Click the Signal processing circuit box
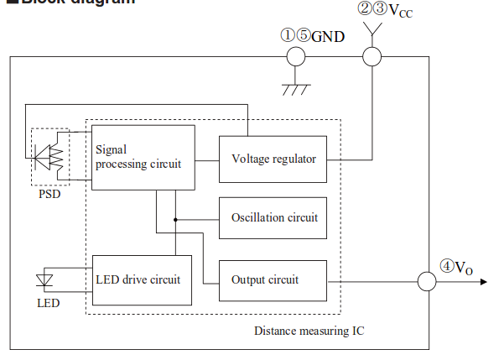(x=143, y=157)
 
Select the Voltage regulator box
(x=273, y=158)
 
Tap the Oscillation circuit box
(x=273, y=217)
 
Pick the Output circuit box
(x=273, y=279)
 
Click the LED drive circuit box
(x=142, y=279)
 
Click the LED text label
(x=48, y=302)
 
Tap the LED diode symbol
(x=47, y=279)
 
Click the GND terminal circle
(x=295, y=57)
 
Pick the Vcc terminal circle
(x=372, y=57)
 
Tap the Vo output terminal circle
(x=427, y=281)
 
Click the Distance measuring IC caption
(x=309, y=331)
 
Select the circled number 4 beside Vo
(x=448, y=266)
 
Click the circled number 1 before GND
(x=288, y=35)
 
